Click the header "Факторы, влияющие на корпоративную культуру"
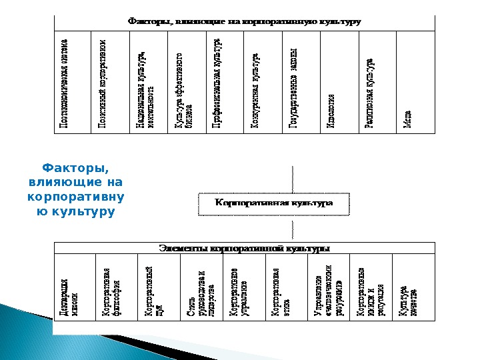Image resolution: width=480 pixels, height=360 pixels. coord(244,22)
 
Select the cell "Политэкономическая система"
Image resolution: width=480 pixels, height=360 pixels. coord(70,81)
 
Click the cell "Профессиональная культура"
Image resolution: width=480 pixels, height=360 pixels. coord(219,81)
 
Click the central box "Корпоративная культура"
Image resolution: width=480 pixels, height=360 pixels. coord(273,203)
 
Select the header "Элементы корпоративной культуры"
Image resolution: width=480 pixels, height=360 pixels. coord(244,248)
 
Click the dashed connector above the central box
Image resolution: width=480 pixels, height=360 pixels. coord(291,177)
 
